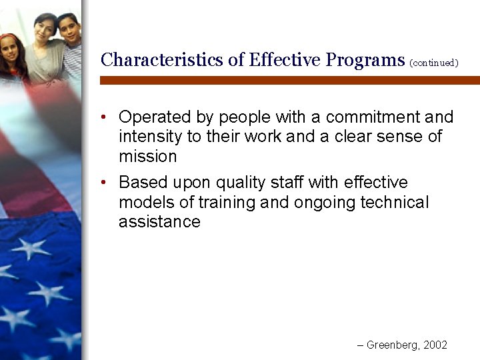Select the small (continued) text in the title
[434, 63]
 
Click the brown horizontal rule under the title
[289, 80]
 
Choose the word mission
[147, 157]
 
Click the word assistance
[159, 222]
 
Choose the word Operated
[155, 117]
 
